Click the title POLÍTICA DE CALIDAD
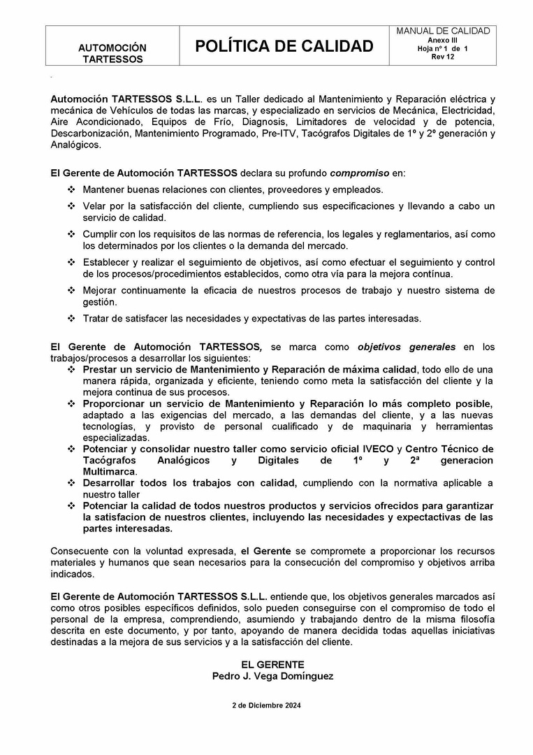tap(284, 46)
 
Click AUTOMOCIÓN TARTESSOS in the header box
tap(112, 53)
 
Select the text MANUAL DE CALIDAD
tap(443, 31)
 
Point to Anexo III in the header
tap(443, 41)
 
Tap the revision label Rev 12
tap(443, 57)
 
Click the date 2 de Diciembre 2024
tap(266, 706)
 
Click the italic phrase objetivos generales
tap(407, 346)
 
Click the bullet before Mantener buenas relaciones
tap(71, 189)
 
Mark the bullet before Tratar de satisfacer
tap(71, 319)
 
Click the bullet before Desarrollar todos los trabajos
tap(71, 483)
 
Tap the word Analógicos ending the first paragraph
tap(75, 145)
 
